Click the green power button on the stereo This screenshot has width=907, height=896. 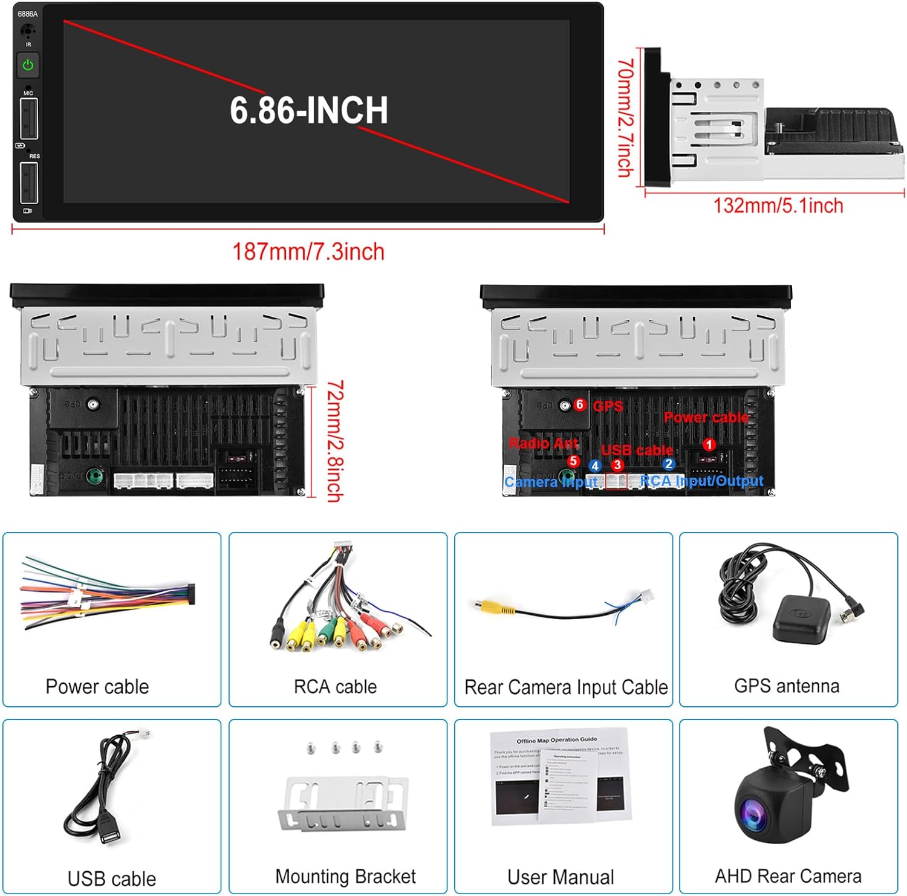(28, 65)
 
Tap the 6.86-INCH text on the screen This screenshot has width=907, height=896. (308, 111)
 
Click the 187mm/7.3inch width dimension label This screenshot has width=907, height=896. (308, 252)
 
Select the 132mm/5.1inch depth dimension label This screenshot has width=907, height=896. (778, 206)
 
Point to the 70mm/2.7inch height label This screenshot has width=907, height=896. (625, 118)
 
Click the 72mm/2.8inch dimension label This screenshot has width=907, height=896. (335, 441)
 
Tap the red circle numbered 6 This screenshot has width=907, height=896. (580, 404)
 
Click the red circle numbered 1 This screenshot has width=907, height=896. (709, 445)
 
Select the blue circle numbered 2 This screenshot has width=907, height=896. (668, 464)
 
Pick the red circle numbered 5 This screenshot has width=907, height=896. (574, 461)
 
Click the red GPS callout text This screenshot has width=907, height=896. (608, 406)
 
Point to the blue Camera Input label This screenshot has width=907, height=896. (550, 482)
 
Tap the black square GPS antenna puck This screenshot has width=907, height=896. (799, 618)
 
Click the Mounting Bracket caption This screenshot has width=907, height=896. (345, 876)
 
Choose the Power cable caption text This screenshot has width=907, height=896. (97, 687)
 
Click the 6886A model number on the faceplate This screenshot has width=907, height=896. (27, 14)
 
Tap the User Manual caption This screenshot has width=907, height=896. (561, 877)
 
